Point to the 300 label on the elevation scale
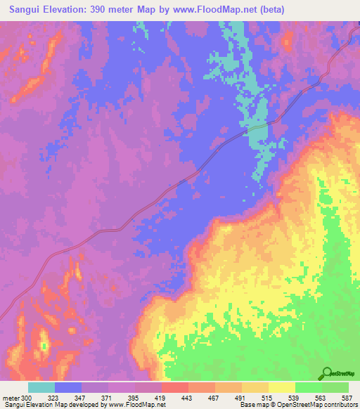27,398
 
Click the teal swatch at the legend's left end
41,387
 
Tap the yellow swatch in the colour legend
282,387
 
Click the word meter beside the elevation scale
10,398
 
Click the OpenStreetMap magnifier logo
328,373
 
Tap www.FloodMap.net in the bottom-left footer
138,405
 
